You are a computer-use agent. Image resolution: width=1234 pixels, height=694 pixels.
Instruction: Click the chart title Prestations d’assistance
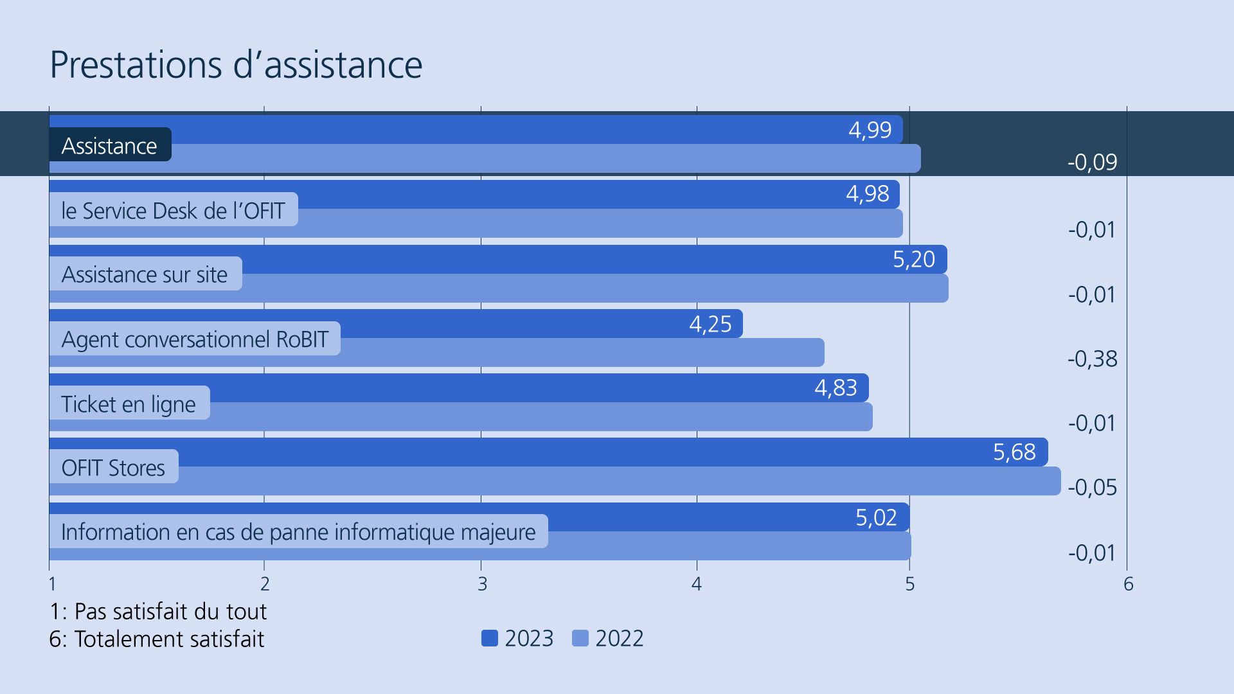(x=235, y=64)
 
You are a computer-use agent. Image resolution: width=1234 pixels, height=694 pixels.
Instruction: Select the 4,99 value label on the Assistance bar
(x=870, y=130)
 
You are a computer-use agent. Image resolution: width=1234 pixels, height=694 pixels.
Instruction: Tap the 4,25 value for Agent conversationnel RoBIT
(x=710, y=324)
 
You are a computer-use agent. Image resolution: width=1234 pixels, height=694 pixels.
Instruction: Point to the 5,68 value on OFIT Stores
(x=1014, y=452)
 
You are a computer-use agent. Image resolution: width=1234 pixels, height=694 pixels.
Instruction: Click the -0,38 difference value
(x=1092, y=359)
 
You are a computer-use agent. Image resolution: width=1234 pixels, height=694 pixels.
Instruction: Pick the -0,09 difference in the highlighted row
(x=1092, y=162)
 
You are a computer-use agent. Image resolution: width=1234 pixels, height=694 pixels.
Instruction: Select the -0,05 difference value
(x=1092, y=488)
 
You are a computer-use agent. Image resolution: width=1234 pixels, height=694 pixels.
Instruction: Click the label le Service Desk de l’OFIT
(x=173, y=210)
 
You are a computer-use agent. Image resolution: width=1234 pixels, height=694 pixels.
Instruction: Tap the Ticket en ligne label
(x=129, y=404)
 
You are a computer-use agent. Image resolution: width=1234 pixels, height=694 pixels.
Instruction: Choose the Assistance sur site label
(x=145, y=274)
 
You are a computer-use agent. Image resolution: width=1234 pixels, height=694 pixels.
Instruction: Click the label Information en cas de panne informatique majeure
(x=298, y=532)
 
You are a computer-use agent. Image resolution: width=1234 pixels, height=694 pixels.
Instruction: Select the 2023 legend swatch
(x=490, y=638)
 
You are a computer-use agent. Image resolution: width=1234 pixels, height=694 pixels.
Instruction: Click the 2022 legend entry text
(x=619, y=638)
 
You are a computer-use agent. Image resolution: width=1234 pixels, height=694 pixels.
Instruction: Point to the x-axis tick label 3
(x=482, y=584)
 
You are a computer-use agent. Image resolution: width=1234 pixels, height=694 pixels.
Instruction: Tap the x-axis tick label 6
(x=1128, y=584)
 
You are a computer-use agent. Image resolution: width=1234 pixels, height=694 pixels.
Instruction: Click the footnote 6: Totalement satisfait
(x=157, y=639)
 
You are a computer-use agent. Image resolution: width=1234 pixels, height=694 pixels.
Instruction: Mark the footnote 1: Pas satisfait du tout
(x=158, y=611)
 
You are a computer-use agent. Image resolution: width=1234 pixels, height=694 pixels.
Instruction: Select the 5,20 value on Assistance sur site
(x=913, y=260)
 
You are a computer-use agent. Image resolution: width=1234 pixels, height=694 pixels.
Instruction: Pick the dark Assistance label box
(x=110, y=146)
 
